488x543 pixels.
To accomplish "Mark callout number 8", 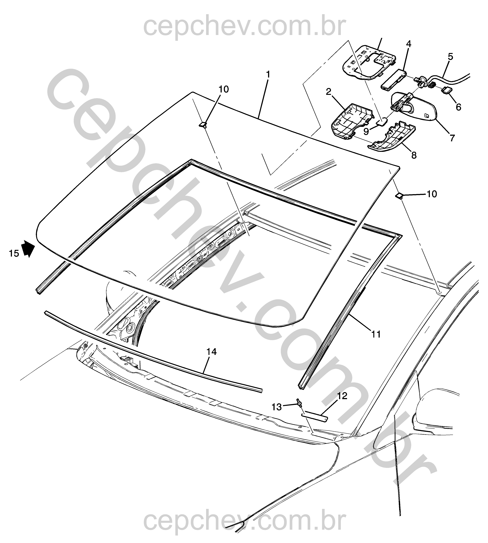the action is coord(414,155).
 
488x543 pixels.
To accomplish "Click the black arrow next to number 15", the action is coord(28,248).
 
